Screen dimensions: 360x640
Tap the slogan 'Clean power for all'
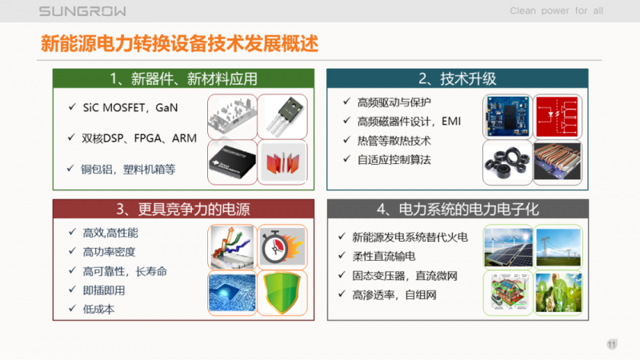pos(556,11)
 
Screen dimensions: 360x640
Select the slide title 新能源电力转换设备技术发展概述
pos(180,44)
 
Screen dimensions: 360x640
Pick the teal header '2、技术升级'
pos(458,78)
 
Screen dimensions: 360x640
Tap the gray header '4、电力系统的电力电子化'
pos(458,210)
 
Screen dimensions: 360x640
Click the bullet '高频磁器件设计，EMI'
pos(409,121)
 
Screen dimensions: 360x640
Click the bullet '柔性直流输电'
pos(384,256)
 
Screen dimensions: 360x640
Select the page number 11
pos(612,345)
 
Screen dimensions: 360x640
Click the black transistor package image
pos(282,115)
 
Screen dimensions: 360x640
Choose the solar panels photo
pos(506,247)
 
